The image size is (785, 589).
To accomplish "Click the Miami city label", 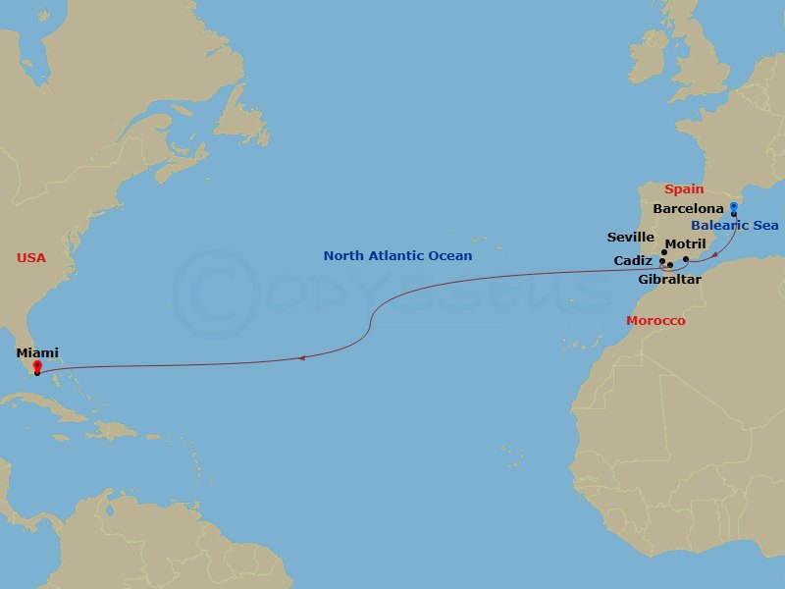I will pyautogui.click(x=37, y=352).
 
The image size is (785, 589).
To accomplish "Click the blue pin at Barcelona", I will pyautogui.click(x=733, y=208).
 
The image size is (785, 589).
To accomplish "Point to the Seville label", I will pyautogui.click(x=630, y=238).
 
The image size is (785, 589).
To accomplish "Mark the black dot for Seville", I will pyautogui.click(x=664, y=252).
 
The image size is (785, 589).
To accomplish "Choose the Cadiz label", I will pyautogui.click(x=634, y=261).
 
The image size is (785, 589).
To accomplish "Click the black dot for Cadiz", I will pyautogui.click(x=662, y=262).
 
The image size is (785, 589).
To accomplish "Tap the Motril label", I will pyautogui.click(x=685, y=243).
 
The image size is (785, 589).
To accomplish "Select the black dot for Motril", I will pyautogui.click(x=686, y=259).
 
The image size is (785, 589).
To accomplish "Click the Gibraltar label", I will pyautogui.click(x=669, y=280).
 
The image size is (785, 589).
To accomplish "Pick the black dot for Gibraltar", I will pyautogui.click(x=670, y=265).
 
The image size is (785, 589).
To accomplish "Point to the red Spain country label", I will pyautogui.click(x=684, y=189).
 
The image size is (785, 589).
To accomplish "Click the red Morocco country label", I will pyautogui.click(x=655, y=321).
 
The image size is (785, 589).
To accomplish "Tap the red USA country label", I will pyautogui.click(x=31, y=258).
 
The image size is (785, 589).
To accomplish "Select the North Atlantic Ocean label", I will pyautogui.click(x=397, y=256).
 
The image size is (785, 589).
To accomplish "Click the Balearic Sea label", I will pyautogui.click(x=735, y=226).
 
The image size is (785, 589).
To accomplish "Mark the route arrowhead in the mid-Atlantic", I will pyautogui.click(x=301, y=358).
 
